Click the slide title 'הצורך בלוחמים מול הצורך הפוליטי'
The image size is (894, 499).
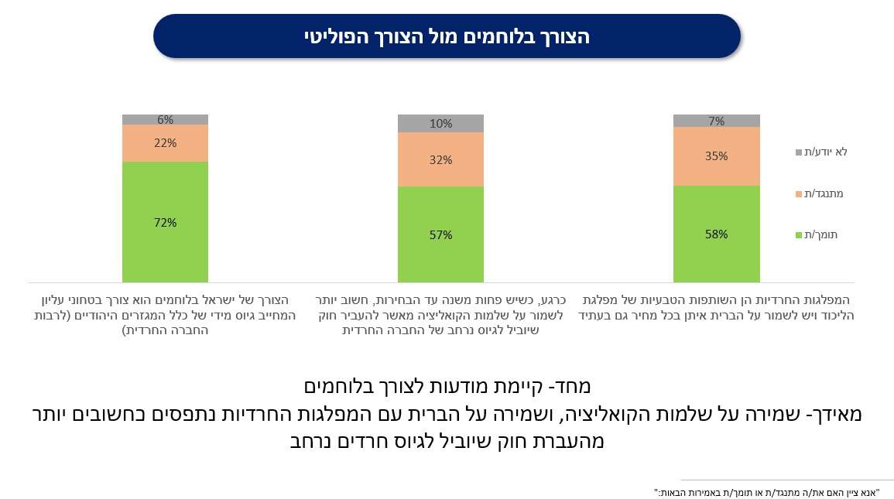(447, 36)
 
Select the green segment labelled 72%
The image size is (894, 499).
(165, 222)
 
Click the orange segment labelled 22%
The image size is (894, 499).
(165, 143)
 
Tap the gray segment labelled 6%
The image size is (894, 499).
(165, 120)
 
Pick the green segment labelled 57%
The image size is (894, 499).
(440, 234)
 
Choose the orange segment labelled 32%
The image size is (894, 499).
(440, 159)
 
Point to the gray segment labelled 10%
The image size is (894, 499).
(440, 123)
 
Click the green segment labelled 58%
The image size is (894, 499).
(716, 234)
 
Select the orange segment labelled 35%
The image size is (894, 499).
(716, 156)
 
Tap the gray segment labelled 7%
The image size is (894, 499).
(716, 121)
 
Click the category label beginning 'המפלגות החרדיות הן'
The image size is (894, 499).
(717, 308)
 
